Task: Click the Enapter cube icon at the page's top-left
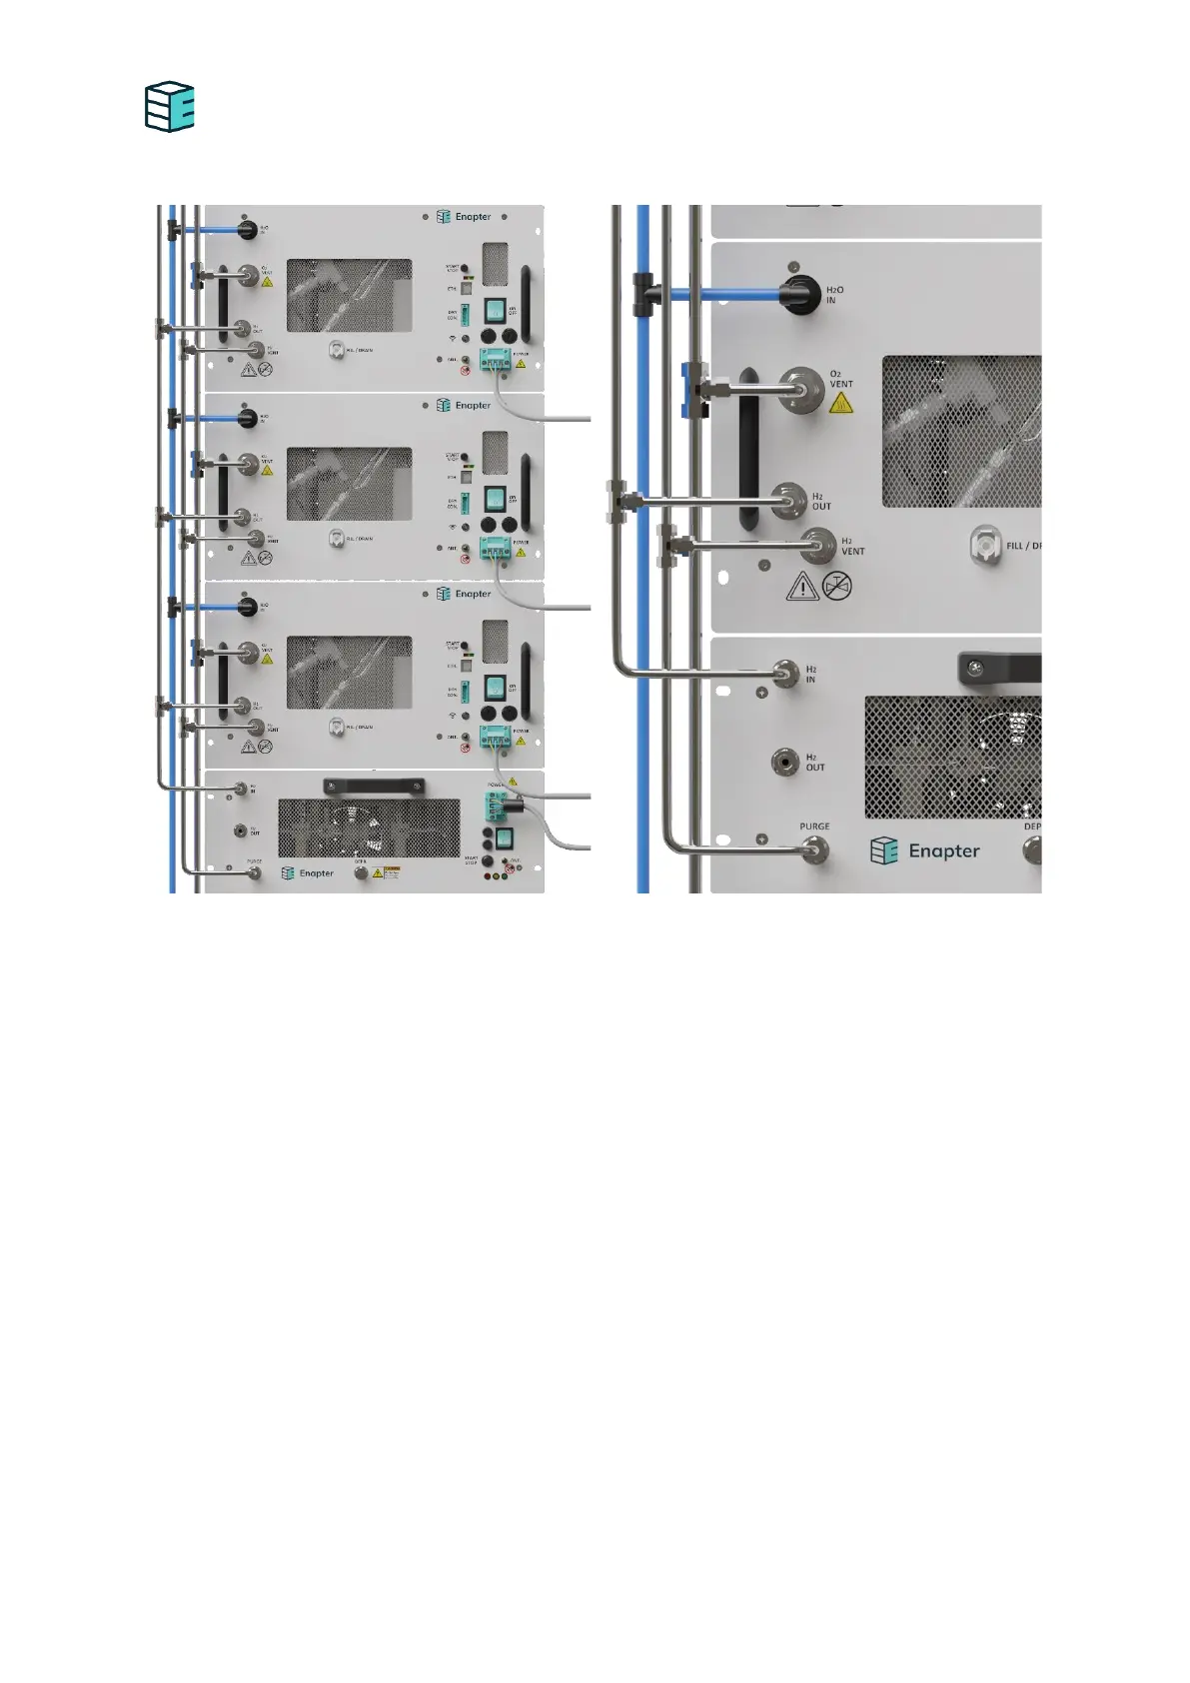(x=169, y=107)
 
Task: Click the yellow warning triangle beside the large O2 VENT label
(x=841, y=403)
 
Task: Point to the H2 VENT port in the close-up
(x=819, y=546)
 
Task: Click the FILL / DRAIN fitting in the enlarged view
(x=985, y=546)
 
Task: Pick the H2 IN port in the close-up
(x=787, y=674)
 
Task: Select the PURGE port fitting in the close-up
(x=814, y=850)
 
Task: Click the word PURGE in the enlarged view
(x=814, y=827)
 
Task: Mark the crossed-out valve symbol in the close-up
(x=837, y=586)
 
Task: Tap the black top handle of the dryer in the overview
(x=373, y=787)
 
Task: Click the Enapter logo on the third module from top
(x=465, y=594)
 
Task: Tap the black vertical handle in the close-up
(x=748, y=450)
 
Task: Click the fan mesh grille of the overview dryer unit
(x=369, y=829)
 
